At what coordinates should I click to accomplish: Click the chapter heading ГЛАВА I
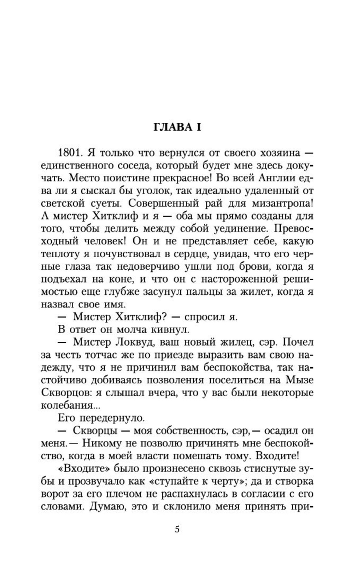pos(177,127)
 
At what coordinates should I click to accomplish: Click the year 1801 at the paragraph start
pos(69,153)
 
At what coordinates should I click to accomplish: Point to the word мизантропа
pos(282,203)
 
